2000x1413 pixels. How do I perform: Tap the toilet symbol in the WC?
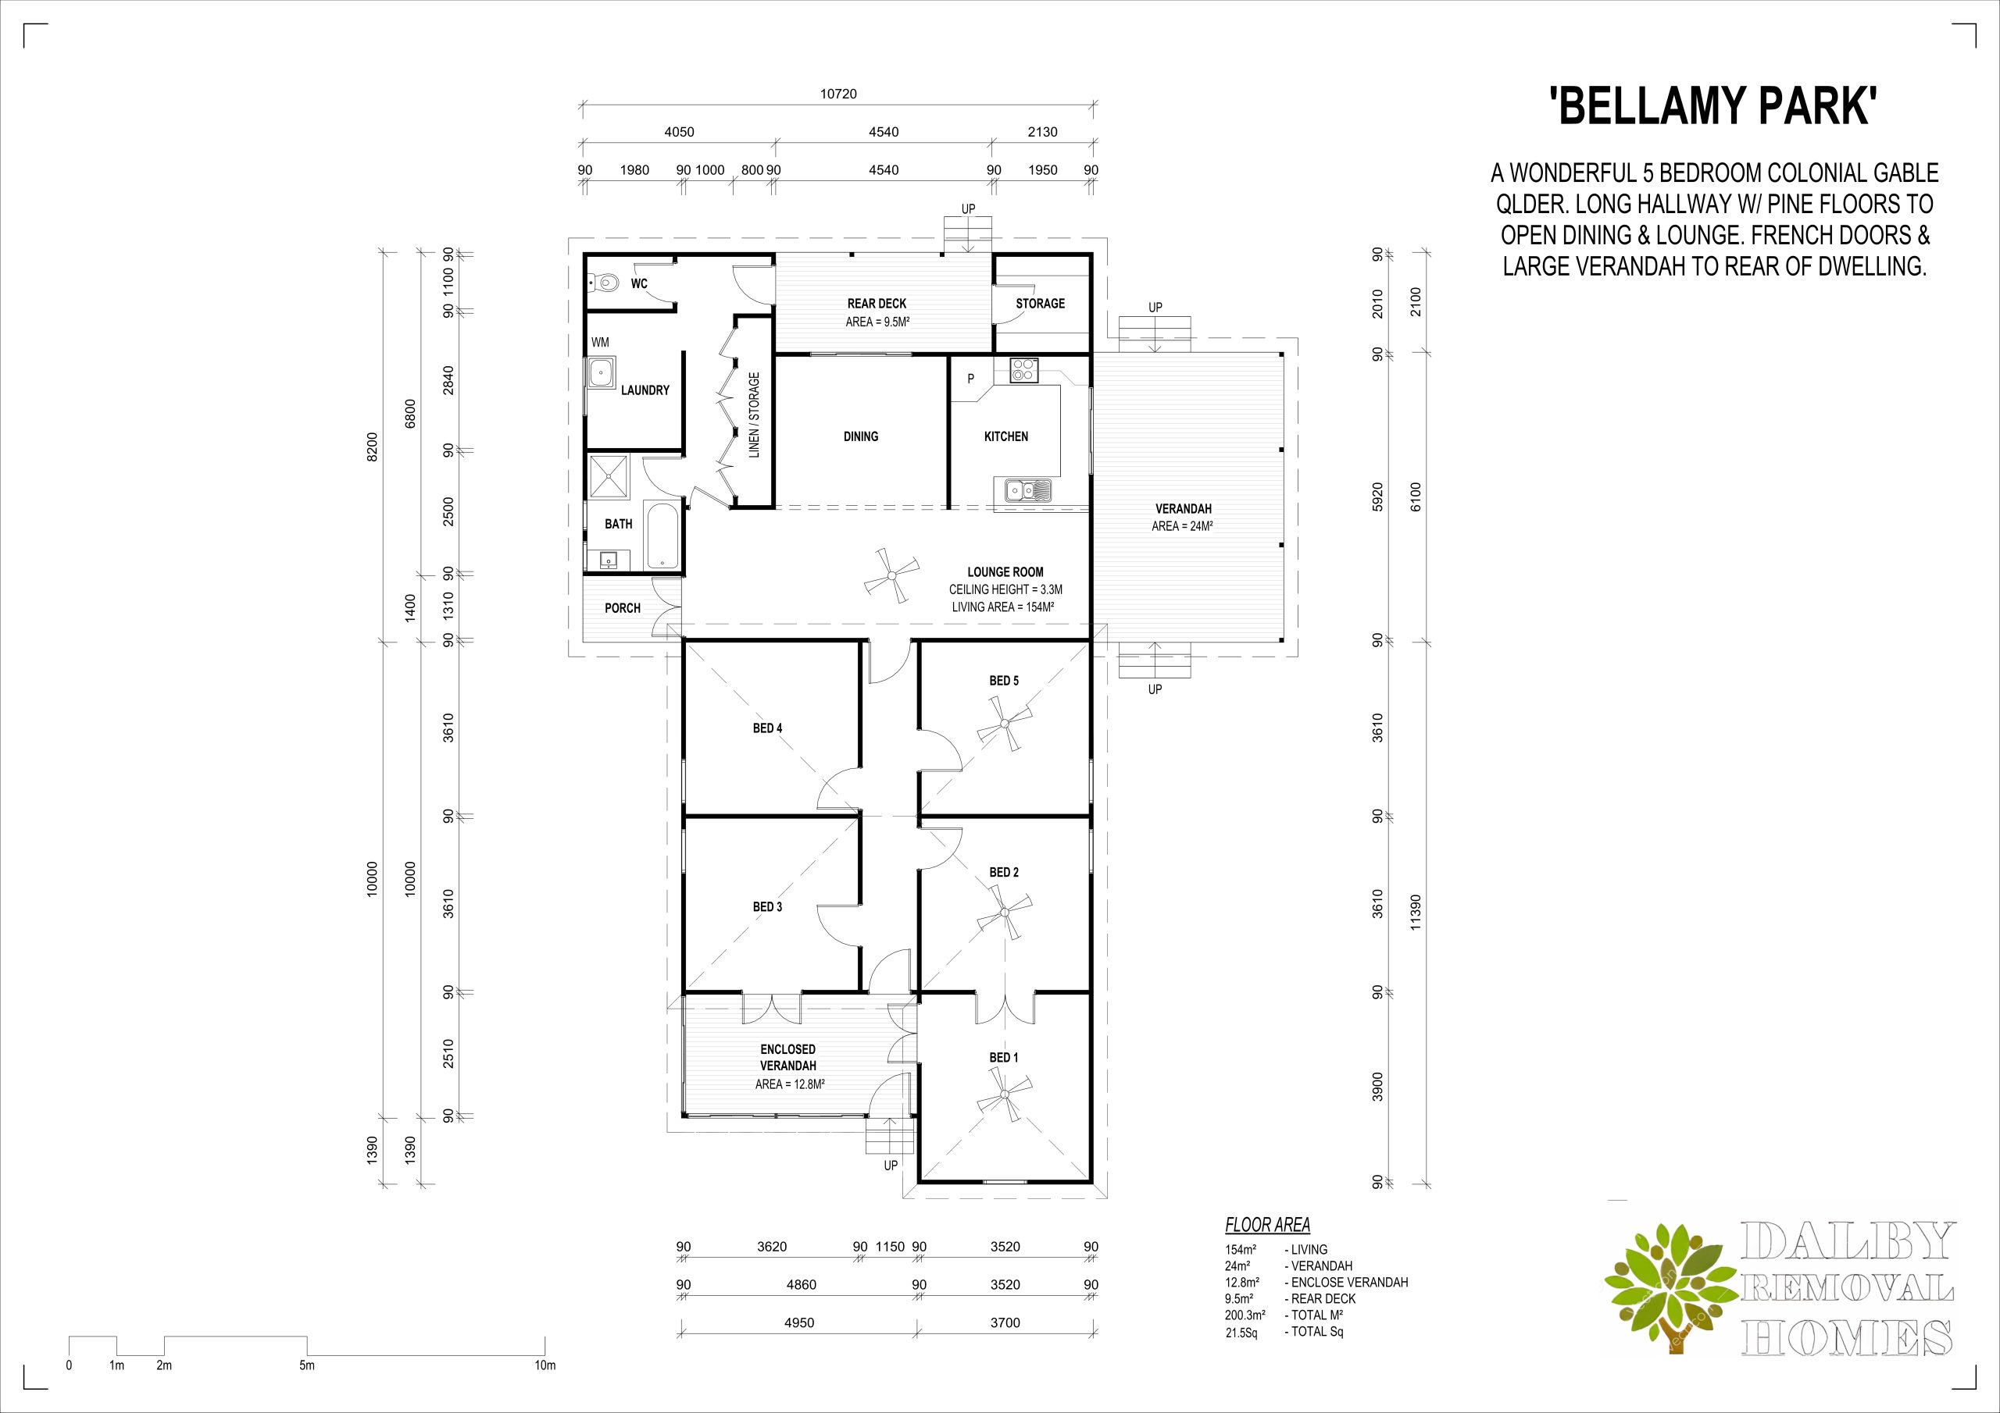click(x=603, y=282)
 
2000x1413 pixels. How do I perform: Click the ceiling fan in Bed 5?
click(x=1005, y=723)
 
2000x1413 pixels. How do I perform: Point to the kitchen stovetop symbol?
click(x=1022, y=371)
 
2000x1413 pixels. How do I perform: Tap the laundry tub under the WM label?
click(x=602, y=372)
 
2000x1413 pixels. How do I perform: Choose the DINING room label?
click(x=861, y=436)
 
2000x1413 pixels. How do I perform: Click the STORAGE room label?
click(x=1040, y=303)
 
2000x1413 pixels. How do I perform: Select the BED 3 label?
click(x=767, y=906)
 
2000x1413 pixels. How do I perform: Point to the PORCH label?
click(x=623, y=607)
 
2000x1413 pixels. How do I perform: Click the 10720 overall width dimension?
click(x=838, y=94)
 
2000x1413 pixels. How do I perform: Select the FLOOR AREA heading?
click(x=1267, y=1225)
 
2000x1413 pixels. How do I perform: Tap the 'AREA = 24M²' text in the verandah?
click(x=1183, y=526)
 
